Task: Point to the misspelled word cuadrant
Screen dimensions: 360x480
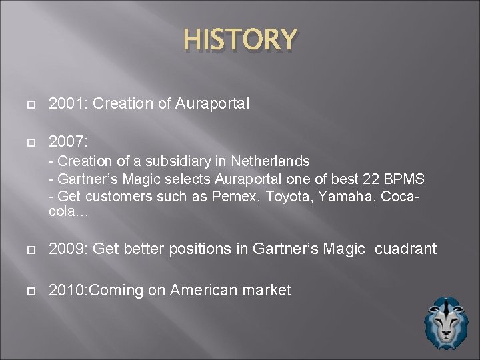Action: click(406, 249)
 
